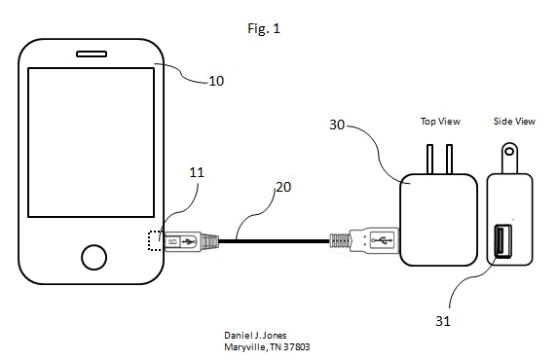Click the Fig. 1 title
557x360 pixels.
click(x=264, y=28)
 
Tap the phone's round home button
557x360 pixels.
click(x=93, y=257)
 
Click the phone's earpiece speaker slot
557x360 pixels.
click(x=92, y=54)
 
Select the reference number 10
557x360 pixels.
click(x=216, y=81)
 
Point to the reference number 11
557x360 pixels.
click(x=197, y=172)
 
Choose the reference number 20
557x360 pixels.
click(x=283, y=187)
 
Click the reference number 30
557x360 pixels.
click(x=337, y=125)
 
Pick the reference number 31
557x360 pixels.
click(x=443, y=321)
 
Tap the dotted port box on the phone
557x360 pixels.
click(x=155, y=240)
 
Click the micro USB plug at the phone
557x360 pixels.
click(x=191, y=241)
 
